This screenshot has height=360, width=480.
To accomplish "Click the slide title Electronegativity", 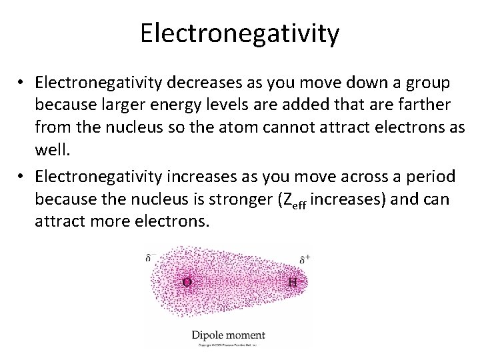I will [x=239, y=33].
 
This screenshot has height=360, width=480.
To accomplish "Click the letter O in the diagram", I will [x=187, y=282].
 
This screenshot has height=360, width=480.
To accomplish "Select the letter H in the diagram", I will [x=292, y=282].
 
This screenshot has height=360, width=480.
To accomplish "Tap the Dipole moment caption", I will [x=228, y=335].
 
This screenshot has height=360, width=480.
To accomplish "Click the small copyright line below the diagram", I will [x=227, y=345].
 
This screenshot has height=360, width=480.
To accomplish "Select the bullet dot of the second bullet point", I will [x=23, y=177].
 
